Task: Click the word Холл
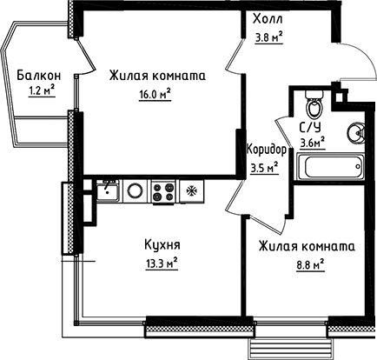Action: coord(267,19)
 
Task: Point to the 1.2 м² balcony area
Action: coord(41,91)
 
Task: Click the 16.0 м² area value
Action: coord(156,93)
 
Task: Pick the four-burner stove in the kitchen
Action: coord(162,190)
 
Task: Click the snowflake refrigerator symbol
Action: coord(190,190)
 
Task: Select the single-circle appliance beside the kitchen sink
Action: coord(136,190)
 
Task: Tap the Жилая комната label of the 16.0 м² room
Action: coord(157,77)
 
